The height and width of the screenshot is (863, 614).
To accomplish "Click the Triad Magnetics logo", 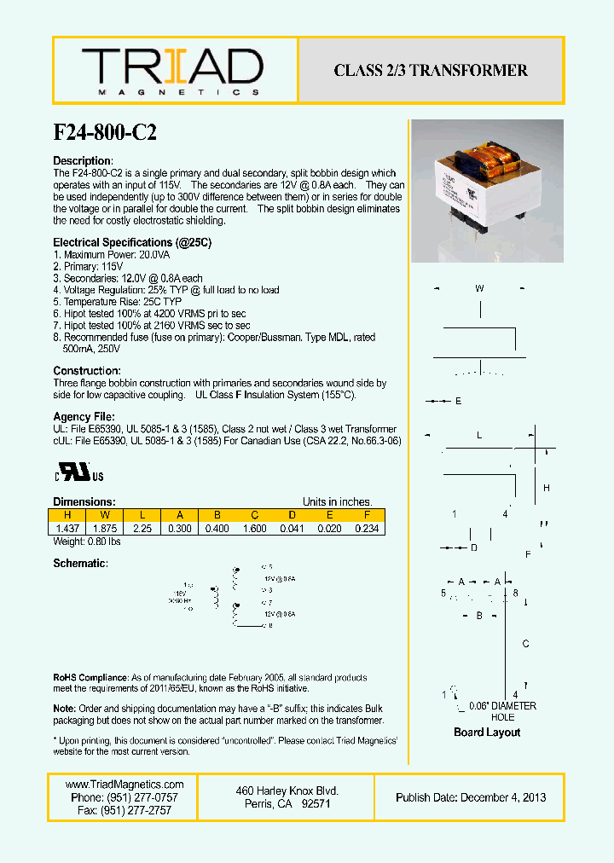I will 171,71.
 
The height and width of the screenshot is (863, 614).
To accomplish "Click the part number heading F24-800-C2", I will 105,133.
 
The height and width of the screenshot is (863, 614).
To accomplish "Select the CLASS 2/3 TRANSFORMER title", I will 431,71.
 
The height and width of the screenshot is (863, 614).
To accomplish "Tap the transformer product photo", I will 487,190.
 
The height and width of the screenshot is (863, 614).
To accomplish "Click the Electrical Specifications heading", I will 132,243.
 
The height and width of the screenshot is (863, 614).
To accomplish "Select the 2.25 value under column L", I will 142,529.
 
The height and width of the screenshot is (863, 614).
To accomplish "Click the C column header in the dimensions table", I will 255,515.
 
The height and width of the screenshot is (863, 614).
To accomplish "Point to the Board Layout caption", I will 487,733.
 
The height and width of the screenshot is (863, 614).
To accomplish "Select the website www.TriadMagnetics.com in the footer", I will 125,785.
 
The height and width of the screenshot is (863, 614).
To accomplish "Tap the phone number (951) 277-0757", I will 125,797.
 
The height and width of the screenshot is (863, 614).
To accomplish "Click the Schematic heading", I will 81,565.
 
